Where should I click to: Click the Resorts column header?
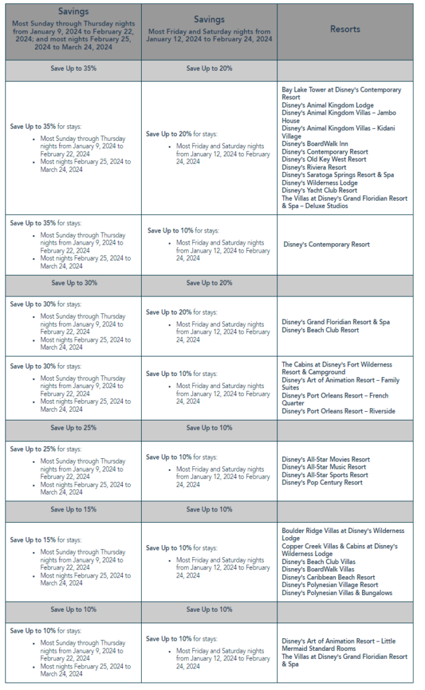click(x=345, y=30)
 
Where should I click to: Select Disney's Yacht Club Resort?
click(x=319, y=191)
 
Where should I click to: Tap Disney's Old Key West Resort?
click(x=324, y=160)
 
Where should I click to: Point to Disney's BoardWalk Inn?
click(x=314, y=144)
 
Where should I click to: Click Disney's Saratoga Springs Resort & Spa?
click(x=338, y=175)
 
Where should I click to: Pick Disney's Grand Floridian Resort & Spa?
click(x=335, y=322)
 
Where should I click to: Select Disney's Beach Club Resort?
click(x=320, y=330)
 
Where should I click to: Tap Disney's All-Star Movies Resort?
click(x=326, y=460)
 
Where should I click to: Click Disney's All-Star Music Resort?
click(x=324, y=467)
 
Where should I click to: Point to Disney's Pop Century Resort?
click(x=322, y=482)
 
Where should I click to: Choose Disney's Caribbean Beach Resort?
click(x=328, y=577)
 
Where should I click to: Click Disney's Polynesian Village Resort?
click(x=330, y=585)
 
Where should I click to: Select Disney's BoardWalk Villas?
click(x=318, y=569)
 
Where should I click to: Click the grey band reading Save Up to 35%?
click(x=74, y=69)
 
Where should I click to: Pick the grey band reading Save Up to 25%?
click(x=74, y=428)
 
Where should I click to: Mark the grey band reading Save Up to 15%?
click(x=74, y=509)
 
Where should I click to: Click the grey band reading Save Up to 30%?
click(x=74, y=283)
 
